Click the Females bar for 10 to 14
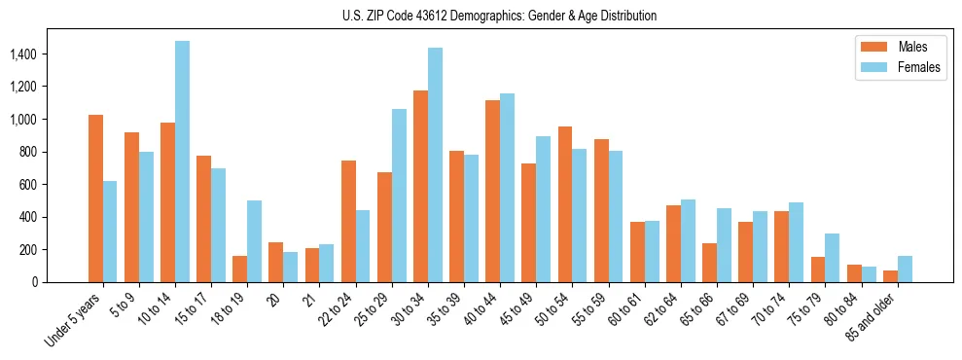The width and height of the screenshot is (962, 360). click(183, 162)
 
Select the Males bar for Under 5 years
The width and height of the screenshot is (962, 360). click(95, 198)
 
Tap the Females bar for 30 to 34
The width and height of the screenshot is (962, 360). click(435, 164)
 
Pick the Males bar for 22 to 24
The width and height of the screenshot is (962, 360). click(348, 221)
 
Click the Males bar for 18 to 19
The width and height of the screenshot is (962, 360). click(240, 269)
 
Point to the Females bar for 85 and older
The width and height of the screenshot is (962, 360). click(905, 269)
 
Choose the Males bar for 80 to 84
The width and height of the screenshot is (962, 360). click(854, 273)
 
